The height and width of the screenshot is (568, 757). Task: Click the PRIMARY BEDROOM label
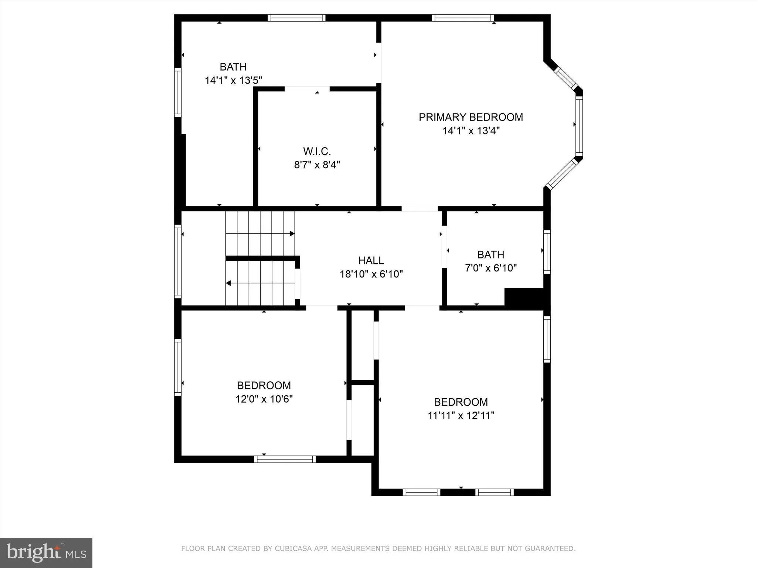(x=471, y=117)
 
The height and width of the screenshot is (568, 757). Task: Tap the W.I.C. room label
(x=317, y=151)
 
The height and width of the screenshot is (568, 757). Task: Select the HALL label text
(x=371, y=260)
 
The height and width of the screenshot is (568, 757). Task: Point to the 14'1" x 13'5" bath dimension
(x=233, y=80)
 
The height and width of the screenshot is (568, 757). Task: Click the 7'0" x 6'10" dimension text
(x=490, y=268)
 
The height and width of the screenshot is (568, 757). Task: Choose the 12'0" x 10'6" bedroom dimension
(x=264, y=399)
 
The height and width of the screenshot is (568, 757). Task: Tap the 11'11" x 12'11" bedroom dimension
(x=461, y=416)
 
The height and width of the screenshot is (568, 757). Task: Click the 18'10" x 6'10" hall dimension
(x=371, y=274)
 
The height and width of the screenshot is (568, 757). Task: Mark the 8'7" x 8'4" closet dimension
(x=317, y=165)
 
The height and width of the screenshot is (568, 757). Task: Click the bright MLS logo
(x=46, y=552)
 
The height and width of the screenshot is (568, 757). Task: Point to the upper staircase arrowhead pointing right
(x=292, y=234)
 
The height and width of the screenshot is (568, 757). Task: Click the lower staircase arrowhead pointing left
(x=228, y=283)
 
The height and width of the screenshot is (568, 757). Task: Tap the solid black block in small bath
(x=524, y=297)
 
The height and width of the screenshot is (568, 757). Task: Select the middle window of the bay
(x=579, y=126)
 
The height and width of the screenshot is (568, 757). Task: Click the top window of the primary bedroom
(x=462, y=18)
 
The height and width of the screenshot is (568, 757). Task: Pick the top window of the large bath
(x=296, y=18)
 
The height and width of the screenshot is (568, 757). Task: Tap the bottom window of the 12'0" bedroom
(x=285, y=459)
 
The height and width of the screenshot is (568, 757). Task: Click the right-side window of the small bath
(x=547, y=251)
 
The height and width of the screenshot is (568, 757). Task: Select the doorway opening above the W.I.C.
(x=307, y=89)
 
